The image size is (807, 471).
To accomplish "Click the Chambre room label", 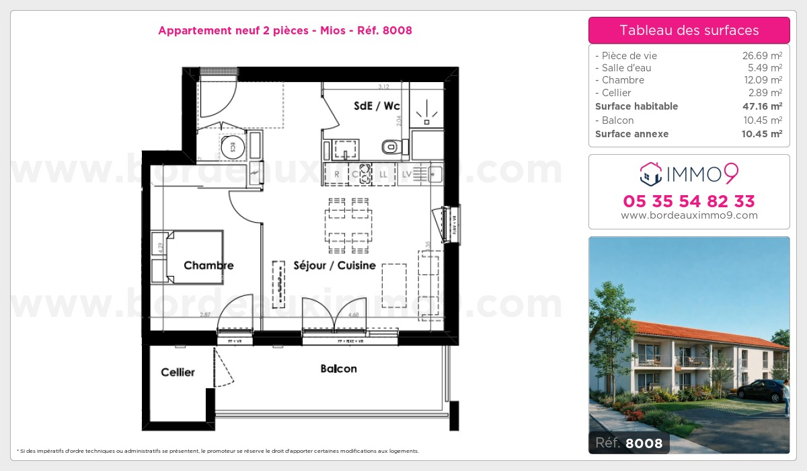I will [x=208, y=265].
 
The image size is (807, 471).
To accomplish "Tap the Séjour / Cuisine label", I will [x=334, y=265].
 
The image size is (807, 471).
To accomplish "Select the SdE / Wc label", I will [x=377, y=106].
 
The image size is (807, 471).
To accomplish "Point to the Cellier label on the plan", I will [x=178, y=372].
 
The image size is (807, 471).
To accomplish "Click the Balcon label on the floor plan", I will [x=338, y=369].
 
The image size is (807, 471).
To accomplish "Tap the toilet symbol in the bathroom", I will [x=390, y=146].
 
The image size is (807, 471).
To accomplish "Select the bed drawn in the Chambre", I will [x=194, y=256].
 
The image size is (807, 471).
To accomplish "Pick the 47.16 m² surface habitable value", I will [x=766, y=106].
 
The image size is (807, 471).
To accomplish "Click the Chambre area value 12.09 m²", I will [x=766, y=80].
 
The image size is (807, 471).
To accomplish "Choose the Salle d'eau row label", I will [x=623, y=68].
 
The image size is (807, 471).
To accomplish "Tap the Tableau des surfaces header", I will [x=689, y=30].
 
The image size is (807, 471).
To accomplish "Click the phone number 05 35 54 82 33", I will [x=689, y=201].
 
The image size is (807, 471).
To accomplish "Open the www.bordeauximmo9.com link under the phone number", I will [x=689, y=215].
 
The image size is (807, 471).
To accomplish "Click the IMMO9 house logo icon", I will [x=650, y=174].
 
